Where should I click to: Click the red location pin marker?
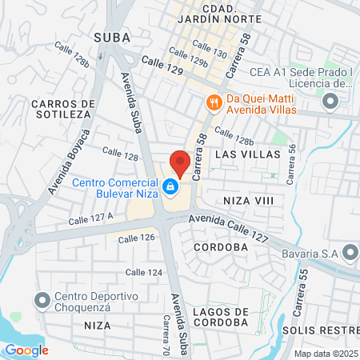click(180, 162)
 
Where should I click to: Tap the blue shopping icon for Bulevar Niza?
click(170, 187)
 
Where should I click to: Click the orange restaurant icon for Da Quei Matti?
click(214, 102)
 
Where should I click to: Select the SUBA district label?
click(113, 37)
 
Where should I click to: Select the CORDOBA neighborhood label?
click(218, 247)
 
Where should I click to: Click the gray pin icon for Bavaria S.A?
click(349, 254)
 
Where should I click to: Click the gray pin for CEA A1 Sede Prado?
click(330, 102)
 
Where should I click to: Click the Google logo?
click(26, 350)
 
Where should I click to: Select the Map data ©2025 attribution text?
click(325, 354)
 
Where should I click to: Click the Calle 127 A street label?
click(90, 218)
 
